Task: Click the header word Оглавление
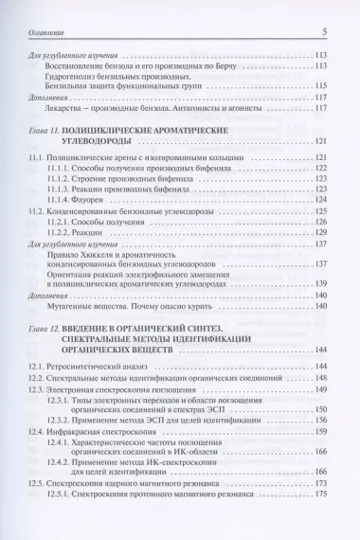point(53,31)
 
